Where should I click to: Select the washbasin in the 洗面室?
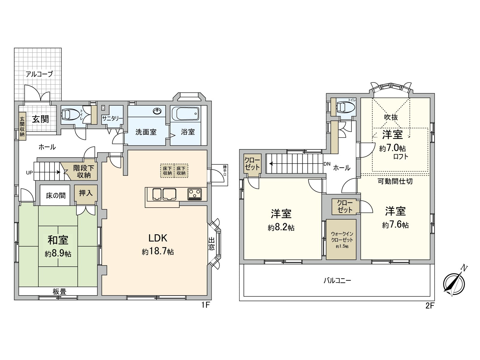tap(157, 111)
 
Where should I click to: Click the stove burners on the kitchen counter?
tap(195, 194)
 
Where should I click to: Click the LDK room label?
tap(158, 238)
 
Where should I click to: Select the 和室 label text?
tap(58, 240)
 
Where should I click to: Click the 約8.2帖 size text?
tap(281, 228)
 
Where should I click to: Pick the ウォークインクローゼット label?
tap(341, 237)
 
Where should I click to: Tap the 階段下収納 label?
tap(84, 172)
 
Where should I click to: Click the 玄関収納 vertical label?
tap(22, 127)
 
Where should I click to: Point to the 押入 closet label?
tap(86, 193)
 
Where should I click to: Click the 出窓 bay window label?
tap(211, 244)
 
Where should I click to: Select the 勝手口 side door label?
tap(225, 170)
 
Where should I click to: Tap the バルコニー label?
tap(337, 281)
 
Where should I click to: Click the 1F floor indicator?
tap(205, 305)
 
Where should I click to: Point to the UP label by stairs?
tap(29, 173)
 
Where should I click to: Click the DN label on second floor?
tap(327, 164)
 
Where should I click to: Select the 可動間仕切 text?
tap(395, 181)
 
